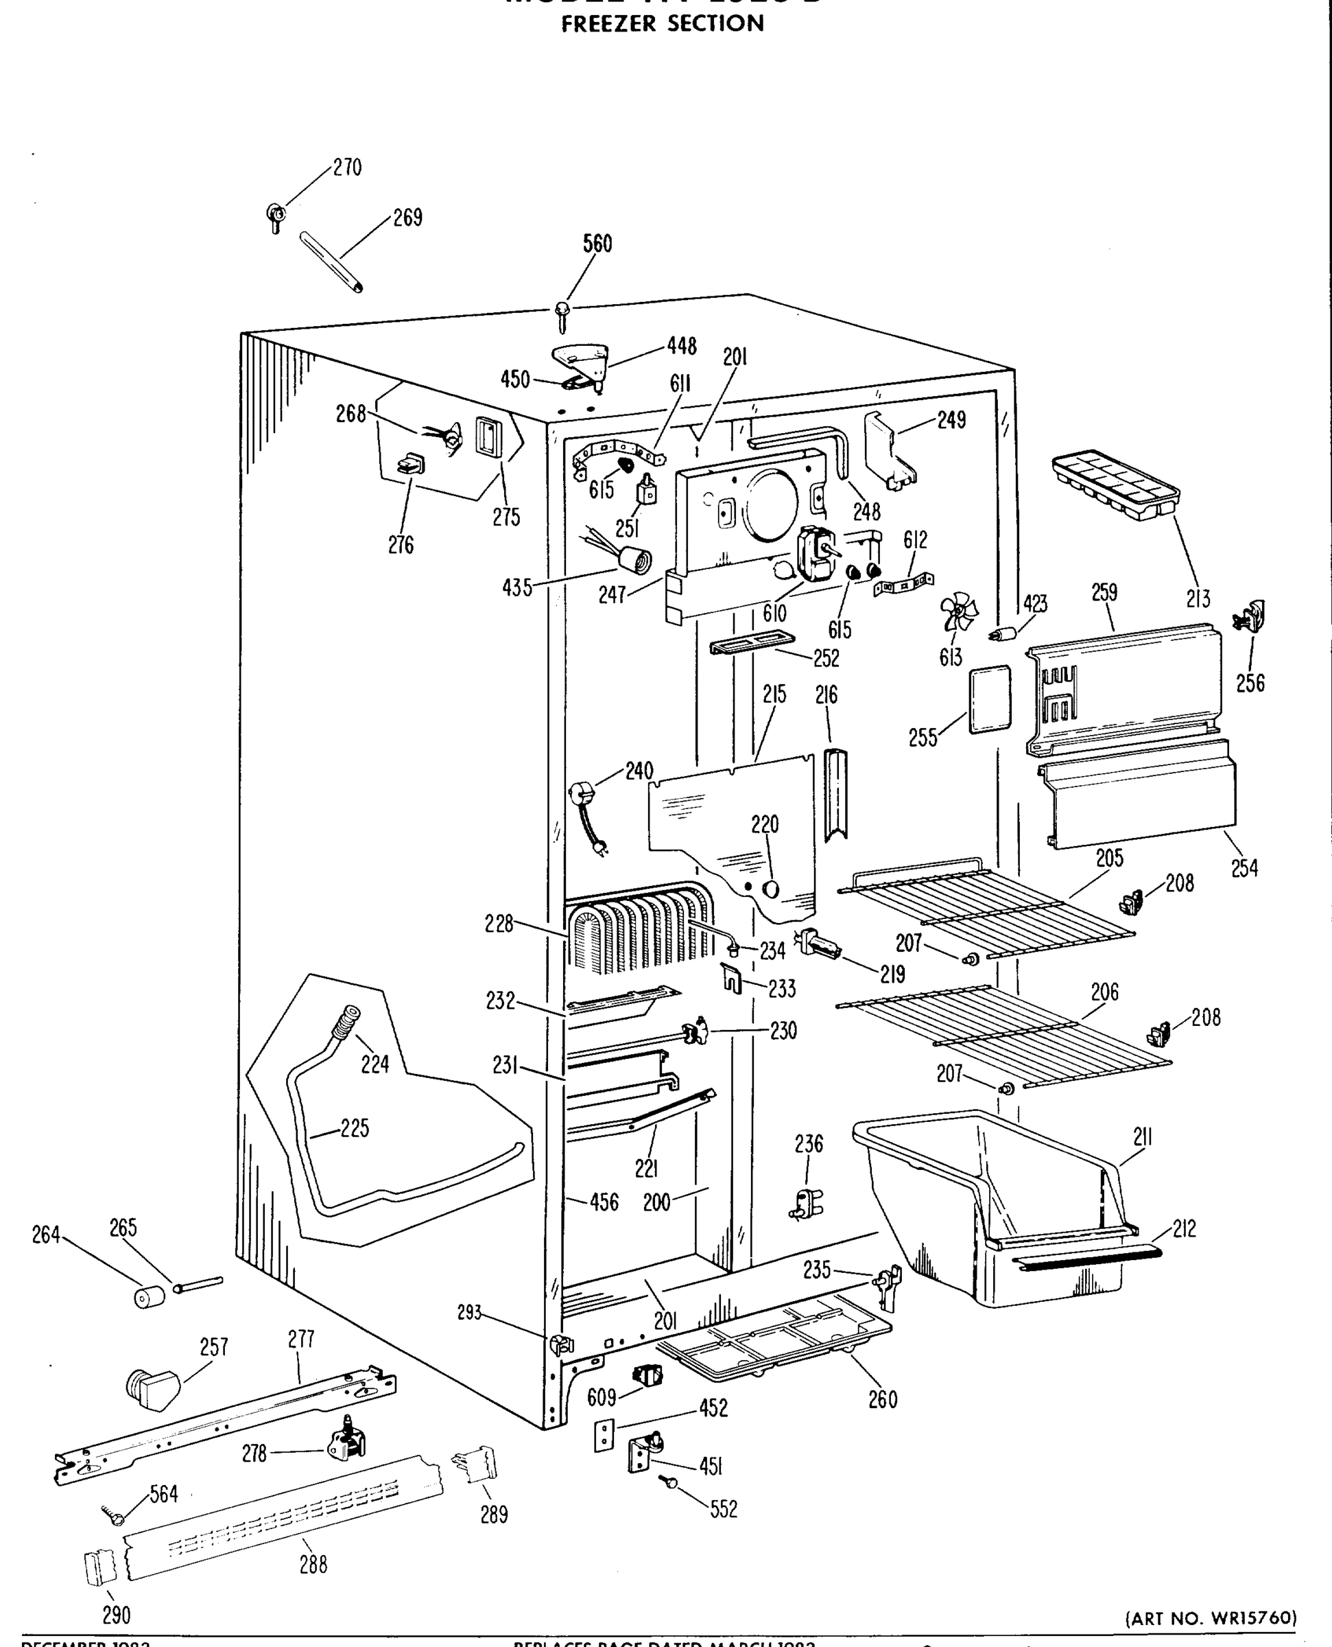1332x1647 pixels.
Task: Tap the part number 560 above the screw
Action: pyautogui.click(x=597, y=244)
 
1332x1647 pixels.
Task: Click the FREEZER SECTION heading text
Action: pyautogui.click(x=662, y=24)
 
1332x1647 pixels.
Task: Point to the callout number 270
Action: pyautogui.click(x=347, y=167)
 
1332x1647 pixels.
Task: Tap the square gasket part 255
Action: pyautogui.click(x=990, y=699)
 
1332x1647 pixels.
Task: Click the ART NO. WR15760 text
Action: pyautogui.click(x=1210, y=1618)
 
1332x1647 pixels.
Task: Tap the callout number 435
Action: pyautogui.click(x=516, y=588)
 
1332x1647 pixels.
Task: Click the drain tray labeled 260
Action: pyautogui.click(x=775, y=1340)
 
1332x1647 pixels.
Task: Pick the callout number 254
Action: pyautogui.click(x=1244, y=868)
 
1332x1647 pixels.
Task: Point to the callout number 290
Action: pyautogui.click(x=116, y=1615)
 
